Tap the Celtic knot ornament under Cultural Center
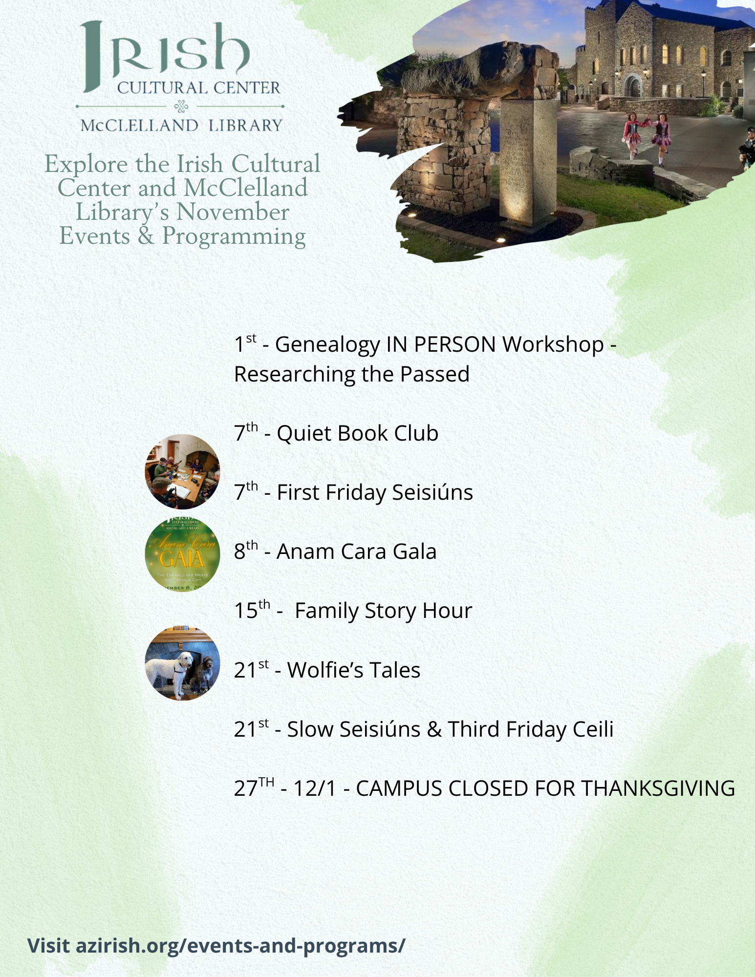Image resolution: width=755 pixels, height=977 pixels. (x=181, y=106)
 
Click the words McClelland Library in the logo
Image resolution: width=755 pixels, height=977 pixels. (x=181, y=126)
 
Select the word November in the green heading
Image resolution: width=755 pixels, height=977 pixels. (x=233, y=212)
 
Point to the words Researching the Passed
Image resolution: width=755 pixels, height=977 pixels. (x=352, y=374)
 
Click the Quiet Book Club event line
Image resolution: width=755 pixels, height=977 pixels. (x=336, y=433)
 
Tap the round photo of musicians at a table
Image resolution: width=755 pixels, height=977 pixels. (x=182, y=471)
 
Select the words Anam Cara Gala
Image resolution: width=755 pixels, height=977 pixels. (x=357, y=552)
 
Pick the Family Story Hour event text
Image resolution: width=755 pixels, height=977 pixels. (x=384, y=611)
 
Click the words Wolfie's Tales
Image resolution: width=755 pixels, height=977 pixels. (x=354, y=670)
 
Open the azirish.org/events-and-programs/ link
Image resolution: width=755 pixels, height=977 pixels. (x=216, y=945)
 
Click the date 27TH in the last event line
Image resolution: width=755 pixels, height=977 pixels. (x=254, y=787)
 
